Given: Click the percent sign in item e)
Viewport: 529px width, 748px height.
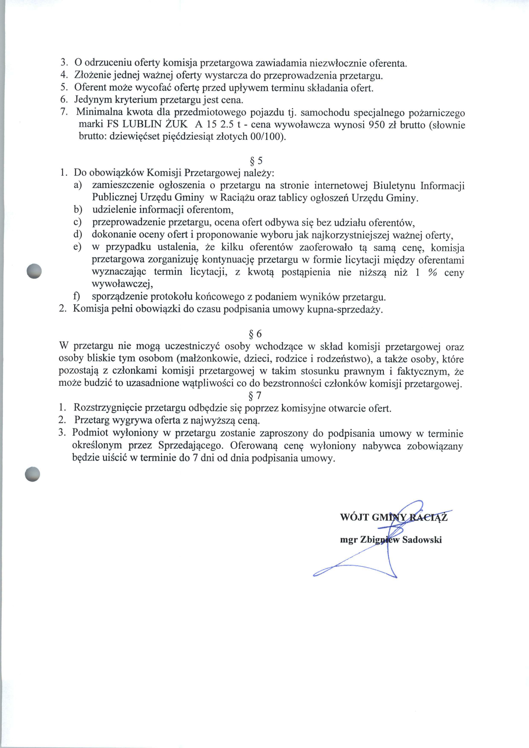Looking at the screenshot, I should coord(432,272).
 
